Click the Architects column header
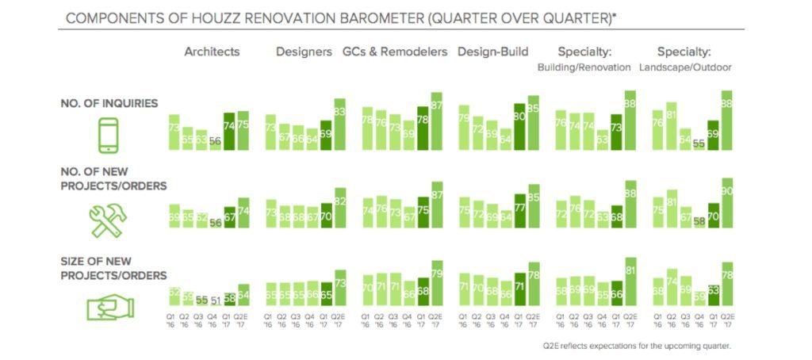(212, 52)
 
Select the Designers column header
(304, 52)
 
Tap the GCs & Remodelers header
(394, 52)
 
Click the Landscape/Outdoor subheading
(684, 67)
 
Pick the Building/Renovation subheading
(584, 67)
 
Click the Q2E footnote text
(637, 347)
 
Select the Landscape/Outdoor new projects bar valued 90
(726, 202)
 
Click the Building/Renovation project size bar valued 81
(630, 281)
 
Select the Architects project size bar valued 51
(215, 301)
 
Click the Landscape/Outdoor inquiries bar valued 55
(699, 145)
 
